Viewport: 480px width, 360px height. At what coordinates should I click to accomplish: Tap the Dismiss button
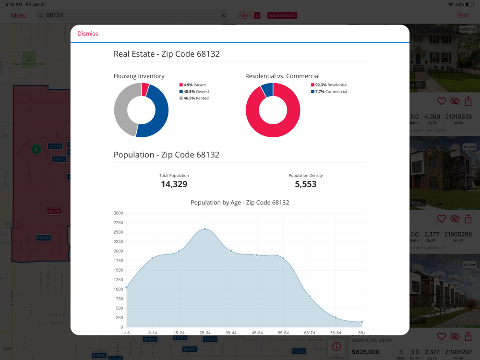coord(88,34)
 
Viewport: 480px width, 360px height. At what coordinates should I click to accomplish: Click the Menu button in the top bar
coord(19,15)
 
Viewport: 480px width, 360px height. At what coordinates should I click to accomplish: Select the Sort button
coord(463,15)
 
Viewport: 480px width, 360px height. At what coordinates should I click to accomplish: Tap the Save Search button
coord(282,15)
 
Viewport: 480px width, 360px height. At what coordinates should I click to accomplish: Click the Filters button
coord(249,15)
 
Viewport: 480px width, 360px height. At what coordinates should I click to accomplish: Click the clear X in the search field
coord(223,15)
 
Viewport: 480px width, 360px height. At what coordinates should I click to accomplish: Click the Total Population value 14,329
coord(174,184)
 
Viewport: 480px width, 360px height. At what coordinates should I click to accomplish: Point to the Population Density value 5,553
coord(306,184)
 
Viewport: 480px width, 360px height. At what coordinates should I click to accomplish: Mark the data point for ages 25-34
coord(205,229)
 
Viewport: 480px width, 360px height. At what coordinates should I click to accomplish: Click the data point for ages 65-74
coord(310,297)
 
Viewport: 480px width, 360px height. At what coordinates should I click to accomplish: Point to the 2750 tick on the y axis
coord(118,223)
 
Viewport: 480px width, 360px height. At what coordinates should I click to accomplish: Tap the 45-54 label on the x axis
coord(257,333)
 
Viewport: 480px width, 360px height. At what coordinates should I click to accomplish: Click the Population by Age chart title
coord(240,203)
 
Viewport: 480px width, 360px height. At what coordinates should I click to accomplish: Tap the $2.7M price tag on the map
coord(54,211)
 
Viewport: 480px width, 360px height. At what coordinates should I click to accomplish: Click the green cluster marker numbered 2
coord(36,149)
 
